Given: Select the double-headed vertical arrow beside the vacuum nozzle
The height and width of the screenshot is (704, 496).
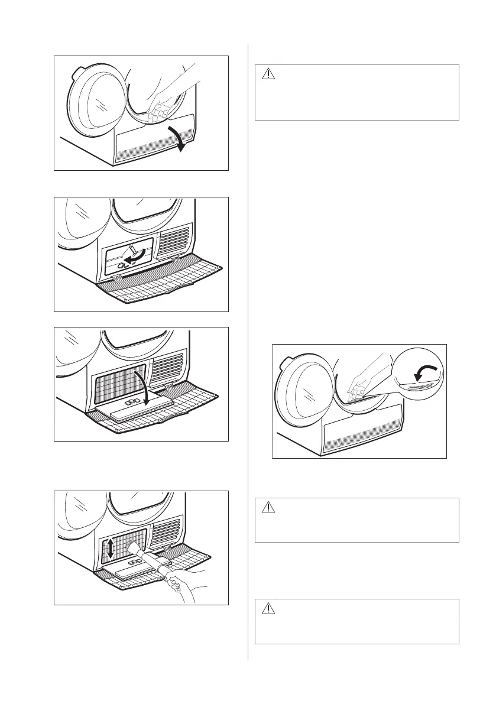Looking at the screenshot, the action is click(109, 550).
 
